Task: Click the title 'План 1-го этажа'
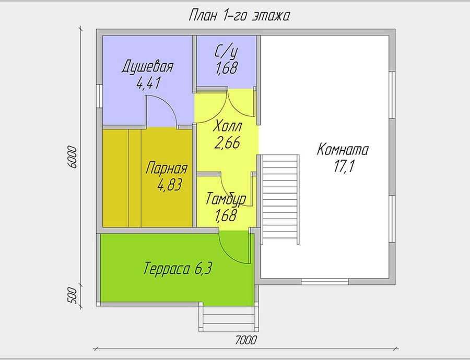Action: tap(239, 16)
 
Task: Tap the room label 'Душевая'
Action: tap(147, 67)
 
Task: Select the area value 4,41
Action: tap(149, 83)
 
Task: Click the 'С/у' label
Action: tap(226, 52)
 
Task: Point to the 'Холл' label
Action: tap(227, 126)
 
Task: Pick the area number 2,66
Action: tap(228, 143)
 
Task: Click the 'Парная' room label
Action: tap(167, 169)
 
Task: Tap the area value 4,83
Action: tap(170, 185)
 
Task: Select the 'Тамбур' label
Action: tap(226, 199)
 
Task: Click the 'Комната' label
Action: tap(343, 149)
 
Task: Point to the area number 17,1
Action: tap(345, 166)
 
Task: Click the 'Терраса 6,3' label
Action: tap(178, 268)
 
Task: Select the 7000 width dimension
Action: tap(246, 340)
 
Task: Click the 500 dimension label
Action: tap(73, 295)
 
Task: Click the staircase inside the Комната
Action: tap(280, 199)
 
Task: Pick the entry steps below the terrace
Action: tap(229, 319)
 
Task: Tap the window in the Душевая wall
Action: tap(100, 96)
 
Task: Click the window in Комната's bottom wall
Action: tap(325, 282)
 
